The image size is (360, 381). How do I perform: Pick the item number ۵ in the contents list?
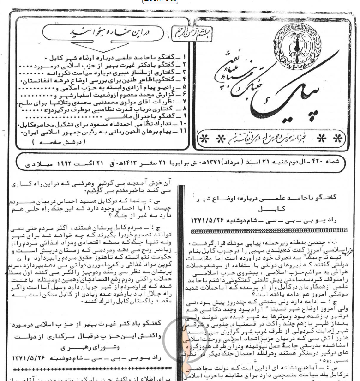[186, 87]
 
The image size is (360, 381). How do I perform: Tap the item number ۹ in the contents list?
[186, 117]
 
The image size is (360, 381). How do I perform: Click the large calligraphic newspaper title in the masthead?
[258, 88]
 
